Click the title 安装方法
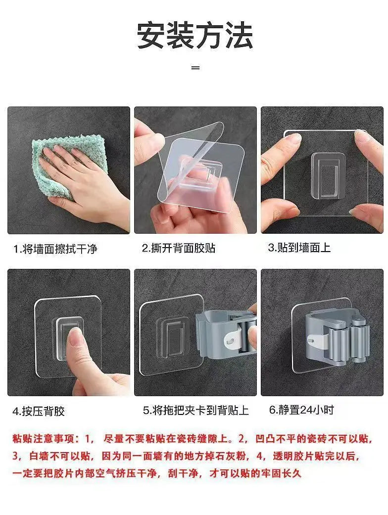coord(194,36)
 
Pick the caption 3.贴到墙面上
coord(299,248)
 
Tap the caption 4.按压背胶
coord(39,411)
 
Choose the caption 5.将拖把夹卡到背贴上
coord(196,410)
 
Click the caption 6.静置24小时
coord(301,410)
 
